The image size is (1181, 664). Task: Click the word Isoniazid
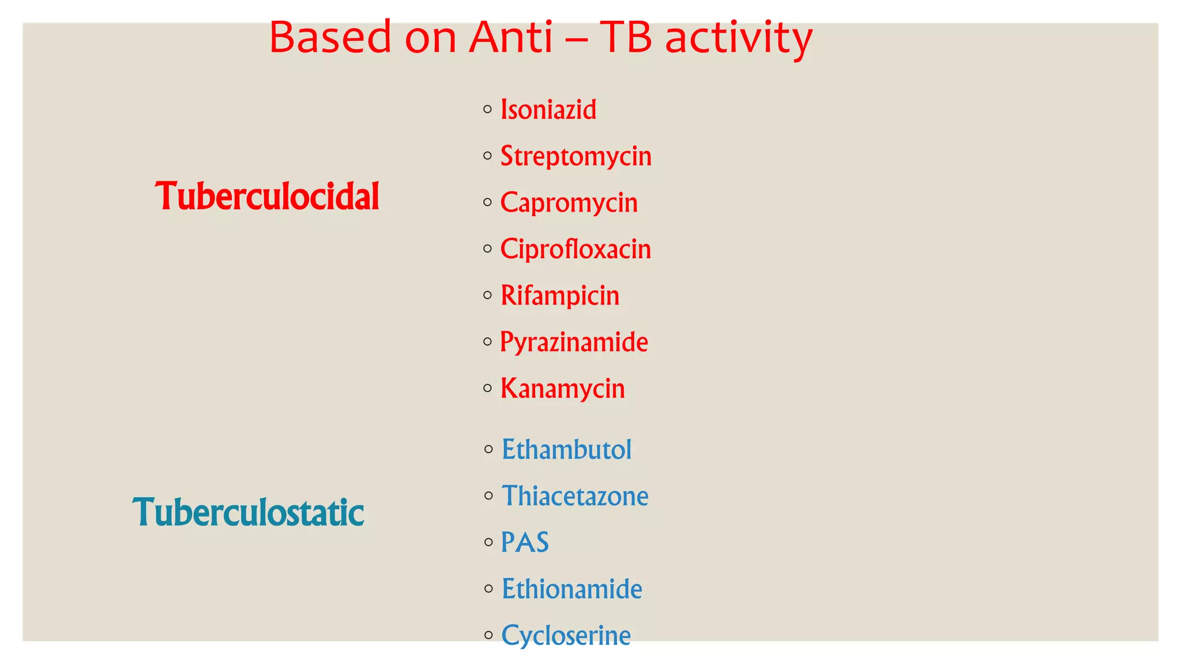tap(548, 110)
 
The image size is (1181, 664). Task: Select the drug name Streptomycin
tap(576, 156)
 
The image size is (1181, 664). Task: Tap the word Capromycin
tap(569, 203)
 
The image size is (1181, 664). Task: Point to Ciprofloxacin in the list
tap(575, 249)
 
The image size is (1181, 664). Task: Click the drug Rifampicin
tap(559, 296)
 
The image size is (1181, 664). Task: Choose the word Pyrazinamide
tap(573, 342)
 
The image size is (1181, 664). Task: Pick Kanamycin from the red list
tap(562, 388)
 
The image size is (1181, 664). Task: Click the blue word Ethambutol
tap(566, 450)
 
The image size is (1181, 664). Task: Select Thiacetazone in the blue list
tap(574, 496)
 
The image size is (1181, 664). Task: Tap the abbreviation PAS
tap(525, 542)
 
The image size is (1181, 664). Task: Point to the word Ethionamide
tap(571, 589)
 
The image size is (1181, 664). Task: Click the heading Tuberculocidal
tap(267, 197)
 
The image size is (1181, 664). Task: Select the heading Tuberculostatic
tap(249, 512)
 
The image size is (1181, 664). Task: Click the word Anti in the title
tap(510, 37)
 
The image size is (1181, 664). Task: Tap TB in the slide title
tap(626, 37)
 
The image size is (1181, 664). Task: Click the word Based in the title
tap(330, 37)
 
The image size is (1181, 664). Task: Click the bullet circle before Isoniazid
tap(488, 109)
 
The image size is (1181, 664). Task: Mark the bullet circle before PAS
tap(488, 542)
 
